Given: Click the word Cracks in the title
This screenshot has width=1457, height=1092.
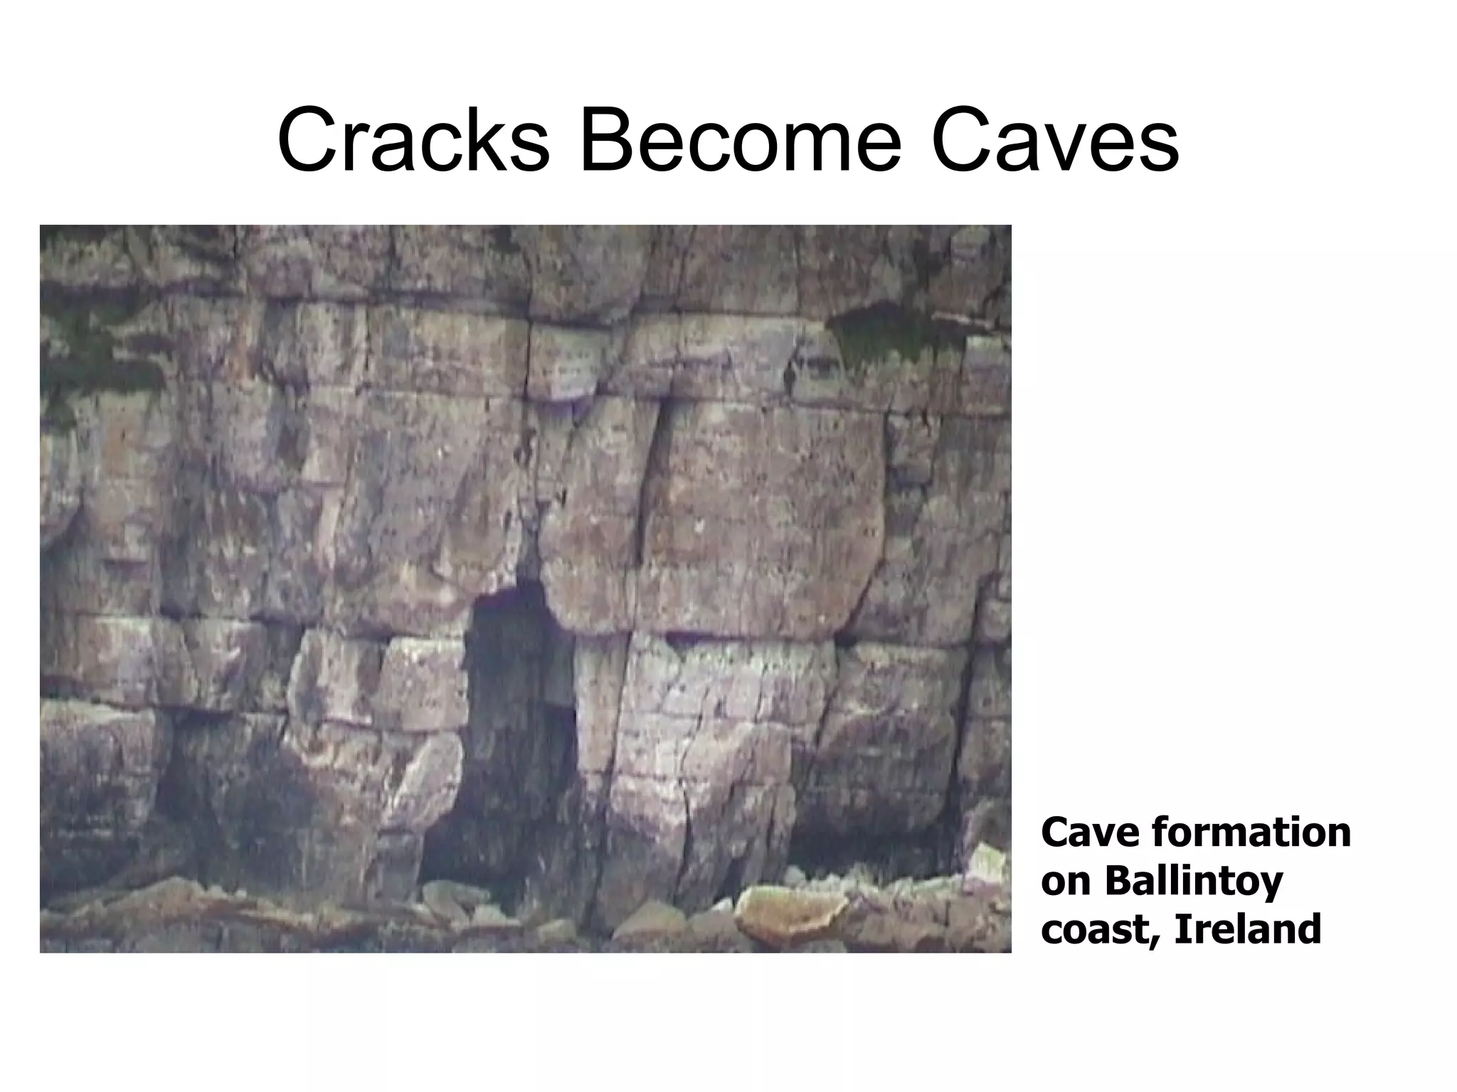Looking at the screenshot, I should (x=413, y=141).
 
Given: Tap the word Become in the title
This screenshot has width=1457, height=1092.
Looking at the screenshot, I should (x=741, y=141).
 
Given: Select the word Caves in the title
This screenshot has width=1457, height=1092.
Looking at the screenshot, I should (x=1054, y=141).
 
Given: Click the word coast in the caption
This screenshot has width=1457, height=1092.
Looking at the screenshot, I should (x=1100, y=929).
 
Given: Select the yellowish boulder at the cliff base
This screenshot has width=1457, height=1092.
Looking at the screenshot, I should (x=790, y=917).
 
